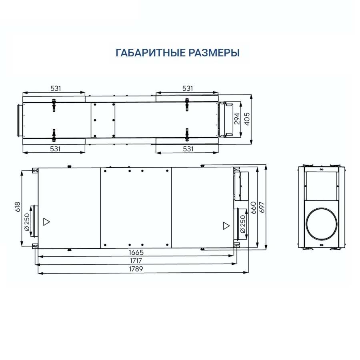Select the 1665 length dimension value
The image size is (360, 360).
click(136, 252)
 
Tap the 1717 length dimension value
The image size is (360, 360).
click(136, 260)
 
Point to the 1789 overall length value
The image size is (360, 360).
click(136, 269)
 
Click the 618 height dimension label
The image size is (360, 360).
click(17, 206)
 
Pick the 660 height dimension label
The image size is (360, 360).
click(253, 208)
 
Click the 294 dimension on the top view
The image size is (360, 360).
click(237, 118)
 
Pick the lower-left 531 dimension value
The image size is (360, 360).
click(55, 149)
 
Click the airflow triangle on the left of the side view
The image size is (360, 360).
click(47, 221)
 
